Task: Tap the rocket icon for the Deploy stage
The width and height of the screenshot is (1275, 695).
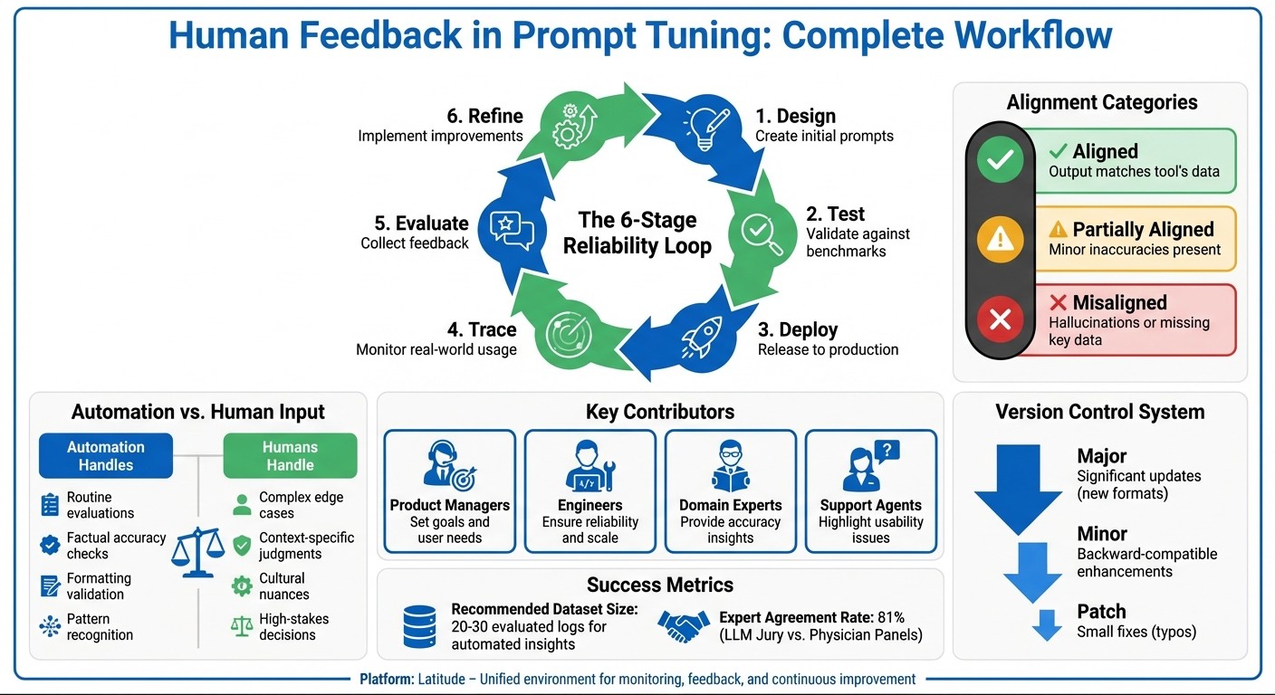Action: click(x=703, y=337)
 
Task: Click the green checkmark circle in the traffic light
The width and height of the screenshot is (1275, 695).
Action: click(x=1001, y=160)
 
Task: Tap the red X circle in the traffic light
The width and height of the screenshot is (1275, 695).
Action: click(x=1001, y=319)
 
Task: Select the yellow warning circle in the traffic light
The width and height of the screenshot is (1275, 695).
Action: click(x=1001, y=239)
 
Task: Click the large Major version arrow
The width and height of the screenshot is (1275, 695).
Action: click(x=1018, y=487)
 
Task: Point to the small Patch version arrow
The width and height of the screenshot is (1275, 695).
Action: click(x=1047, y=625)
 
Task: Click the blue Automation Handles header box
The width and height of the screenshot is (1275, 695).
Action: click(x=106, y=456)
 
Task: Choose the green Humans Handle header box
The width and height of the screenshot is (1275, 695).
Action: click(x=290, y=456)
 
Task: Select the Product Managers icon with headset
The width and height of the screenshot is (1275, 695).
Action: click(x=448, y=466)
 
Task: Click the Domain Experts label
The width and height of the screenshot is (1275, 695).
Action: click(x=730, y=505)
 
